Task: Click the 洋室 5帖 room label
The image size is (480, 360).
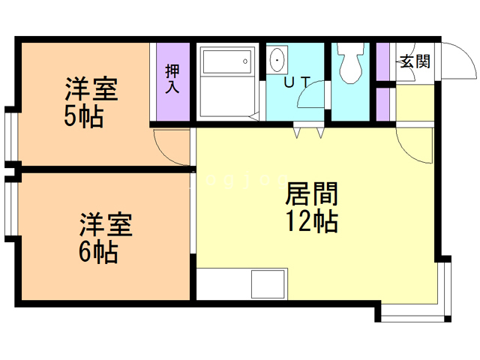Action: coord(91,103)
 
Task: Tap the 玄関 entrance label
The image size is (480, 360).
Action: coord(414,61)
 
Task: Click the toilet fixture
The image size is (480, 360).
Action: coord(349,64)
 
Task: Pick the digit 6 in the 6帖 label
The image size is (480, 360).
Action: coord(85,252)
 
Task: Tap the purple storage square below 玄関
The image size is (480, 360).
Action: coord(383,105)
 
